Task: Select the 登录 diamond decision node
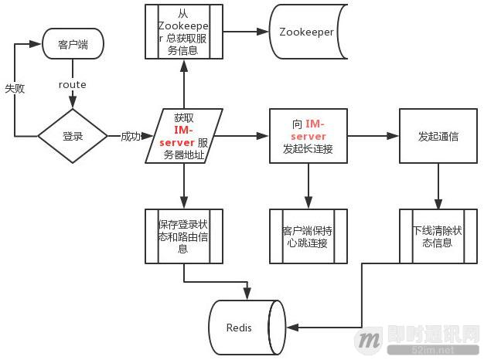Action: (73, 137)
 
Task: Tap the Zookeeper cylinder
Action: (307, 32)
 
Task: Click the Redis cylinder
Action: (240, 328)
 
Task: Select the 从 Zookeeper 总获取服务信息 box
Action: (183, 32)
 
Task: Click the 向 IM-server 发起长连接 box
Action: (308, 136)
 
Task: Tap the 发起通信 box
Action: (438, 136)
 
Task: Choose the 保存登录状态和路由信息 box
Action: (183, 236)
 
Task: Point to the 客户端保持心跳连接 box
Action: (308, 236)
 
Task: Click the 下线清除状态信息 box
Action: (438, 236)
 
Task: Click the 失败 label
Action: (15, 88)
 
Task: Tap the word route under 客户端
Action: (73, 85)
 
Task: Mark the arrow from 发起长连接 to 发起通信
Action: (373, 136)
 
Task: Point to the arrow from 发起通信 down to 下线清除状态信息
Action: (438, 185)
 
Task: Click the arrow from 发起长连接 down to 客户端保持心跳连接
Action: (308, 185)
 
